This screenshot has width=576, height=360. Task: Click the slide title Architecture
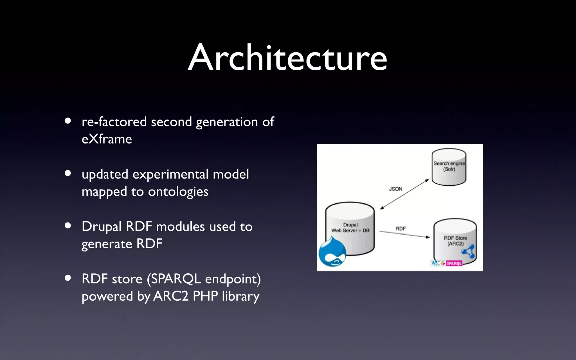287,58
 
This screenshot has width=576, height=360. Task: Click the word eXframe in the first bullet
107,139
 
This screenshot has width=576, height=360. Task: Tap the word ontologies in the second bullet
178,192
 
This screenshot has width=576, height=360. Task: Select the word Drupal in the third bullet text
101,227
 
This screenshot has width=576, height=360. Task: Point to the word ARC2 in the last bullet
171,296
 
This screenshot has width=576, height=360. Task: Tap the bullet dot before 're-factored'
67,121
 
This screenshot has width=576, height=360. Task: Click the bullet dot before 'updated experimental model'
67,173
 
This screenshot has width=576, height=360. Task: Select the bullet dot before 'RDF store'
67,278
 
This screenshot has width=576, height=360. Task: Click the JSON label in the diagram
395,189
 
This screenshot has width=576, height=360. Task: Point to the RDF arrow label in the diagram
400,229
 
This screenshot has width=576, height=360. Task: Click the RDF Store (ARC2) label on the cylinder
455,241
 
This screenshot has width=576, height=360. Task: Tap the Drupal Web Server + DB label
350,228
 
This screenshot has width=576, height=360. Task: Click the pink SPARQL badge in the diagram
454,264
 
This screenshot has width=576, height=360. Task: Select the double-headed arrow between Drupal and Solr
404,194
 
